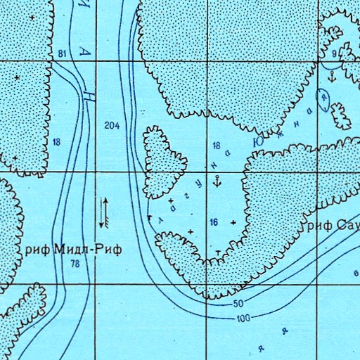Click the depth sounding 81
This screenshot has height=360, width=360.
point(63,54)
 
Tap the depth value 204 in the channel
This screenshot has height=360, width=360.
point(111,125)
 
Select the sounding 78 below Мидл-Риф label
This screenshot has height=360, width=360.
point(75,264)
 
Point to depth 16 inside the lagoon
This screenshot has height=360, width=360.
point(214,222)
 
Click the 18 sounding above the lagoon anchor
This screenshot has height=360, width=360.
point(217,145)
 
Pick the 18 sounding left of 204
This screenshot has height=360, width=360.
point(56,142)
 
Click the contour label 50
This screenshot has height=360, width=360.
point(238,304)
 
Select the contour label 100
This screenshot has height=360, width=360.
point(244,319)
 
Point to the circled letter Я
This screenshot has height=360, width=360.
point(324,98)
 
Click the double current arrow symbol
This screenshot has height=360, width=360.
point(103,212)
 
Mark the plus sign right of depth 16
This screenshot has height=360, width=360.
point(233,222)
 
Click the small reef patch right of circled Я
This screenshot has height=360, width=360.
point(341,115)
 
